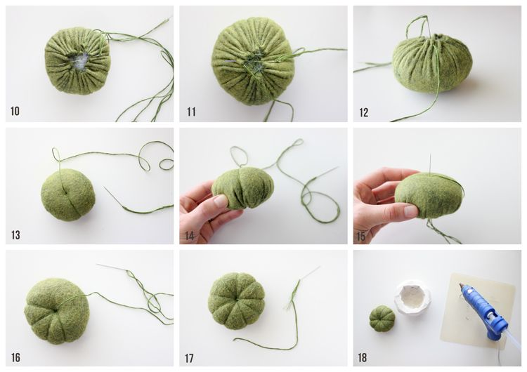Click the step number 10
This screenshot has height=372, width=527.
(x=15, y=111)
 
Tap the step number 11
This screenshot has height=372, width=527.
(x=191, y=112)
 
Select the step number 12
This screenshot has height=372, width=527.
(x=364, y=112)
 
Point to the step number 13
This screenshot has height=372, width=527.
(x=15, y=234)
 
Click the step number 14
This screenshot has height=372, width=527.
(x=190, y=236)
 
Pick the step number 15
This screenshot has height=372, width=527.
(x=360, y=237)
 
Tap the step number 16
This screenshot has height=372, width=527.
(x=15, y=357)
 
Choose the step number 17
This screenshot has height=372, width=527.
(x=189, y=358)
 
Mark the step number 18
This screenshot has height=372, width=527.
(x=363, y=357)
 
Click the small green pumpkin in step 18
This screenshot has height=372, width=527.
(x=382, y=317)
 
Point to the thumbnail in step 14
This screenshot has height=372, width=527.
(x=221, y=201)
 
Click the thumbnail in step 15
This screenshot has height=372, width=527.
(x=410, y=211)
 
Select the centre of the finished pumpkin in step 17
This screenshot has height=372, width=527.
(x=236, y=300)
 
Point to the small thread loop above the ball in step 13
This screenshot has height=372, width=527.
(x=56, y=154)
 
